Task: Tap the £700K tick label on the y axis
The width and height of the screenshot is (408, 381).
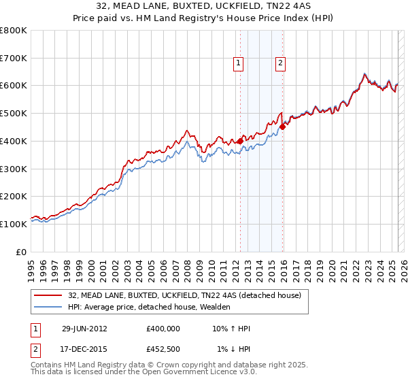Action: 14,58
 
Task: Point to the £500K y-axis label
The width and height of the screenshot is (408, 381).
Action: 14,113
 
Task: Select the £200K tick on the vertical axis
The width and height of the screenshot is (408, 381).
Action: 14,196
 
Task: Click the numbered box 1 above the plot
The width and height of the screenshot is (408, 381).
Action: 239,63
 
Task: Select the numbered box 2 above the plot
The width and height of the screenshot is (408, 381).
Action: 280,63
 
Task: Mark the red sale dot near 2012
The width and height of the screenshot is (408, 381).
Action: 240,141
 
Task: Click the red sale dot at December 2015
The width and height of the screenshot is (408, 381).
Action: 282,127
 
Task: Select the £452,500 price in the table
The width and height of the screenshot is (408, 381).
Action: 163,349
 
